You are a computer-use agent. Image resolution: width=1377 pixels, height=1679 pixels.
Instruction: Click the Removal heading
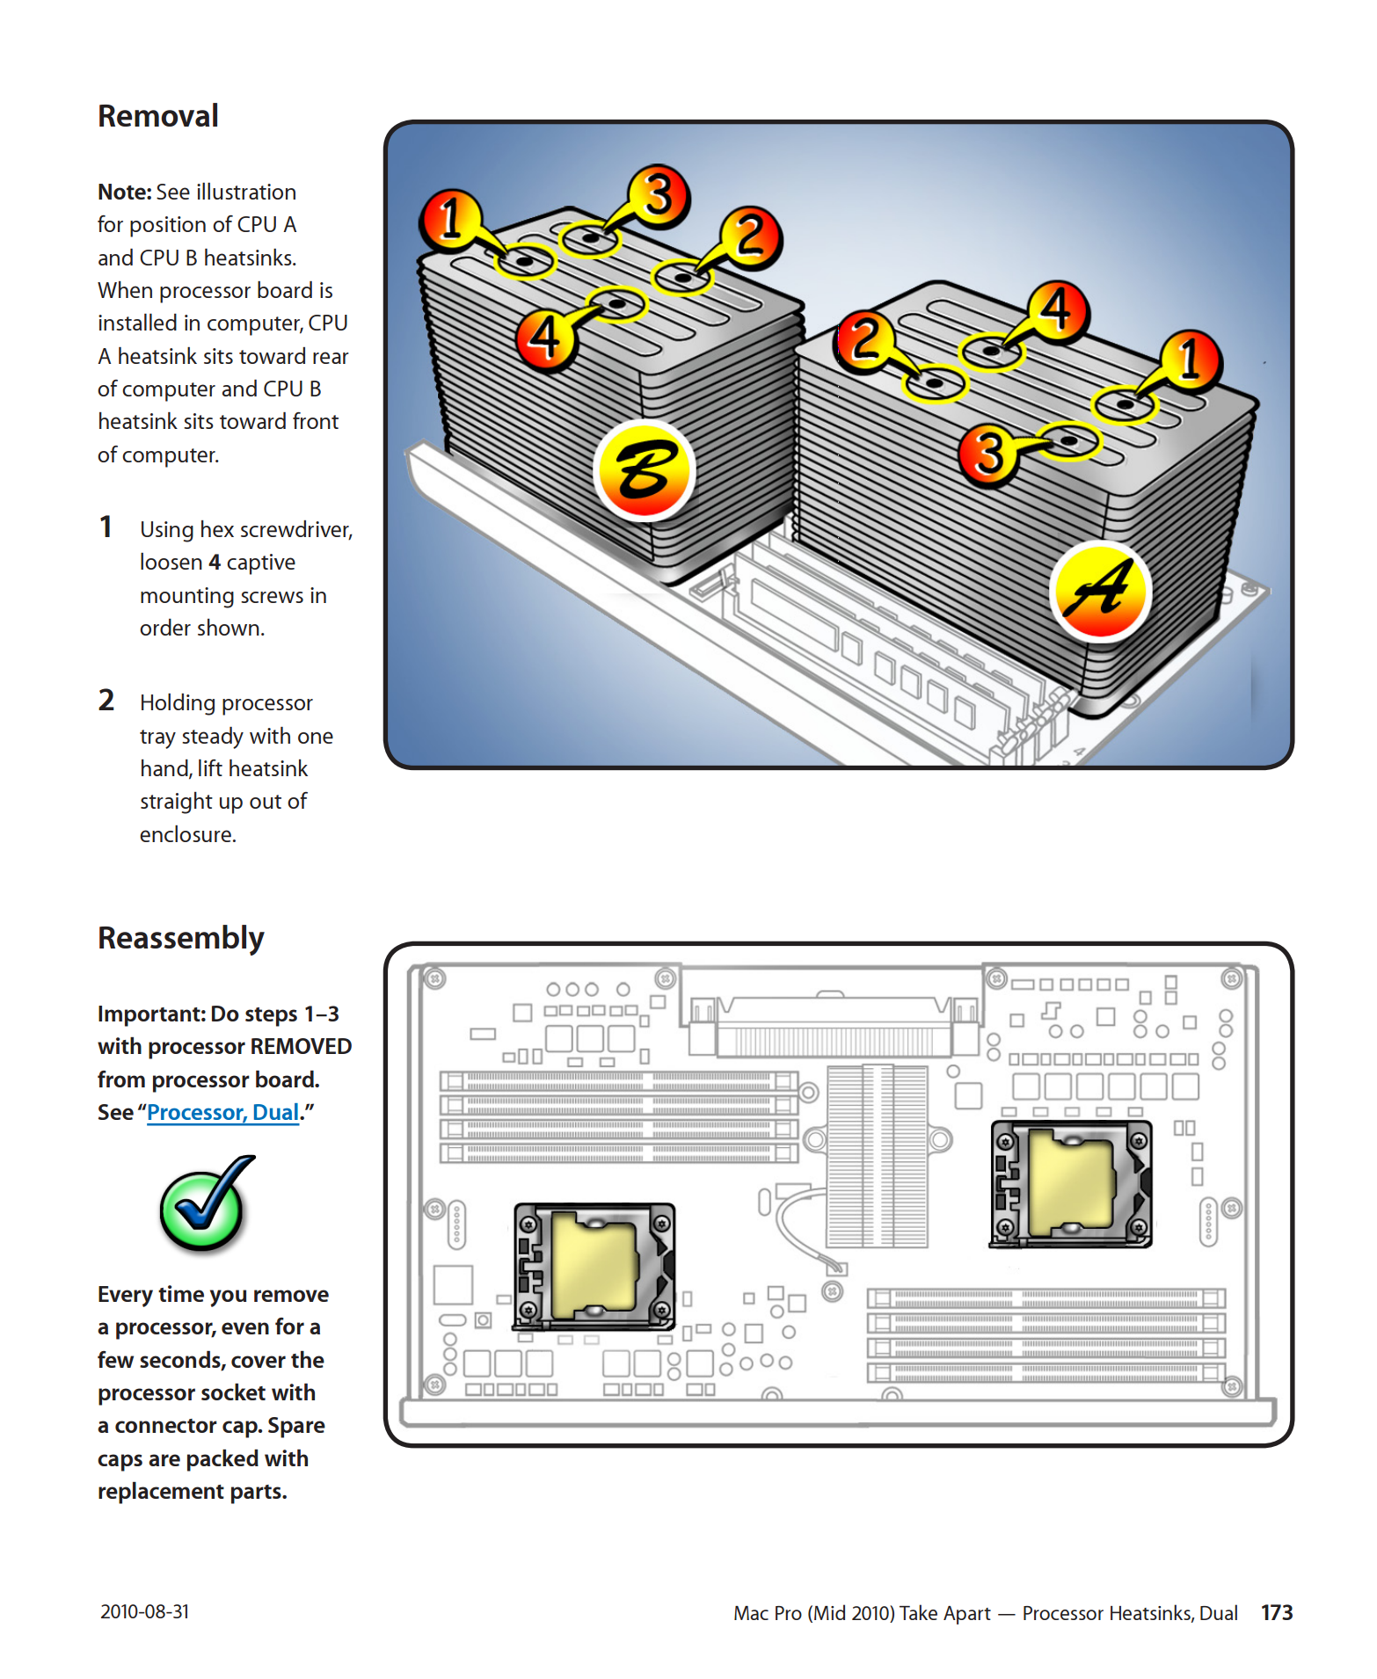point(158,116)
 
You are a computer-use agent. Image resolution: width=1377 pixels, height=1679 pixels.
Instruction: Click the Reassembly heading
point(181,938)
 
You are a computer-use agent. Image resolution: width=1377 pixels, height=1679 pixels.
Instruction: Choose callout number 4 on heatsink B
point(546,337)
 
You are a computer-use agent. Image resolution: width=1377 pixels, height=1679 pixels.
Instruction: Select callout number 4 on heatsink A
point(1057,310)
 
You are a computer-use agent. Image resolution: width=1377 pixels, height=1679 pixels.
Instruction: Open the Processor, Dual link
point(222,1113)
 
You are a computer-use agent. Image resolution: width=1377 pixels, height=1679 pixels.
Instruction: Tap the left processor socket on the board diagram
point(594,1266)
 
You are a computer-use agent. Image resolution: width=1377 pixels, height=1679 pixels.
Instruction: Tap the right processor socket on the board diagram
point(1071,1183)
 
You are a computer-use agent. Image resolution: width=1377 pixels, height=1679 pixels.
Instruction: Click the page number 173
point(1276,1613)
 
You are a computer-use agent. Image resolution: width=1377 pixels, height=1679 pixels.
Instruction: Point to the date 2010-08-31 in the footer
point(144,1611)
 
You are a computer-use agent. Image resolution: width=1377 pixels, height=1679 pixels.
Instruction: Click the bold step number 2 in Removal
point(106,701)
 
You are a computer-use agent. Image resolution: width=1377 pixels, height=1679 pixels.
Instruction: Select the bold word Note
point(125,193)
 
